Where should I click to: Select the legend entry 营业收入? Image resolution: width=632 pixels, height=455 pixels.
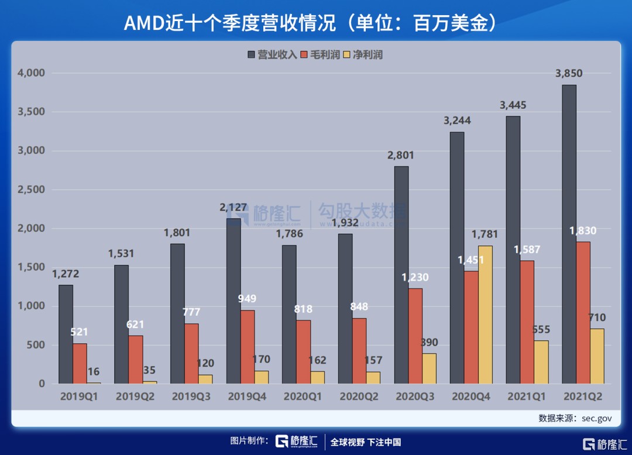[273, 55]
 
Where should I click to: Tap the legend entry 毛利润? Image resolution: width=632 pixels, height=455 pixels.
[320, 55]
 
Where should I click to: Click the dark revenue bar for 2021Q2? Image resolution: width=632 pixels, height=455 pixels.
[569, 234]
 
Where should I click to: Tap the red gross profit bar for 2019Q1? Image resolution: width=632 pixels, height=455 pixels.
[80, 363]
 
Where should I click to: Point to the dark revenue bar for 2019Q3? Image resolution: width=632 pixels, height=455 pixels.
[177, 313]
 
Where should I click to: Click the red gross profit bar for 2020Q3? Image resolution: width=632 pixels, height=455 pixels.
[415, 336]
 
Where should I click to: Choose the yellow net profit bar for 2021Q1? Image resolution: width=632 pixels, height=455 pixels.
[542, 362]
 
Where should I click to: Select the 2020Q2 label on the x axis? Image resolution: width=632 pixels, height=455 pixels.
[359, 397]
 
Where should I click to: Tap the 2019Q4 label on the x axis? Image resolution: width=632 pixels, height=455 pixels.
[248, 397]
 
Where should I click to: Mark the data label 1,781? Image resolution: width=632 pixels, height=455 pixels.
[485, 235]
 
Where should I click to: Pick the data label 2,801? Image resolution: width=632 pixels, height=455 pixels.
[401, 155]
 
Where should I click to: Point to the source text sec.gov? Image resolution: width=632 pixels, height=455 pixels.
[596, 418]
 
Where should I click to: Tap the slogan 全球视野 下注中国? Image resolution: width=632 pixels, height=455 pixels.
[366, 442]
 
